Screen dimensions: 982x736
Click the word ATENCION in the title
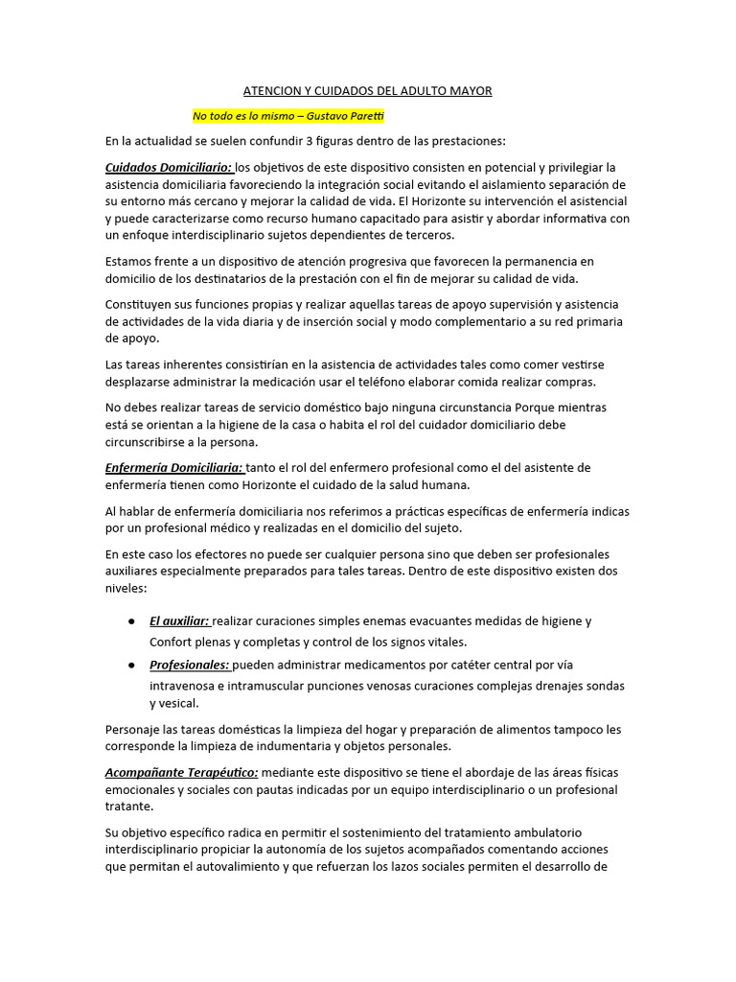coord(273,91)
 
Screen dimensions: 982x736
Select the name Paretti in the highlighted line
coord(364,116)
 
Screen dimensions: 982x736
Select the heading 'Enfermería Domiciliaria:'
coord(175,467)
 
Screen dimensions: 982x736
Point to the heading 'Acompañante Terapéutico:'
coord(181,773)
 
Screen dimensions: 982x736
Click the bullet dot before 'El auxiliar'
coord(130,621)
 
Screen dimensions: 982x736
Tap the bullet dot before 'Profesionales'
coord(130,665)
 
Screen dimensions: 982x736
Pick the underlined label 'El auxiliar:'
coord(179,621)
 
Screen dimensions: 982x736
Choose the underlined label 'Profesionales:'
coord(190,665)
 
